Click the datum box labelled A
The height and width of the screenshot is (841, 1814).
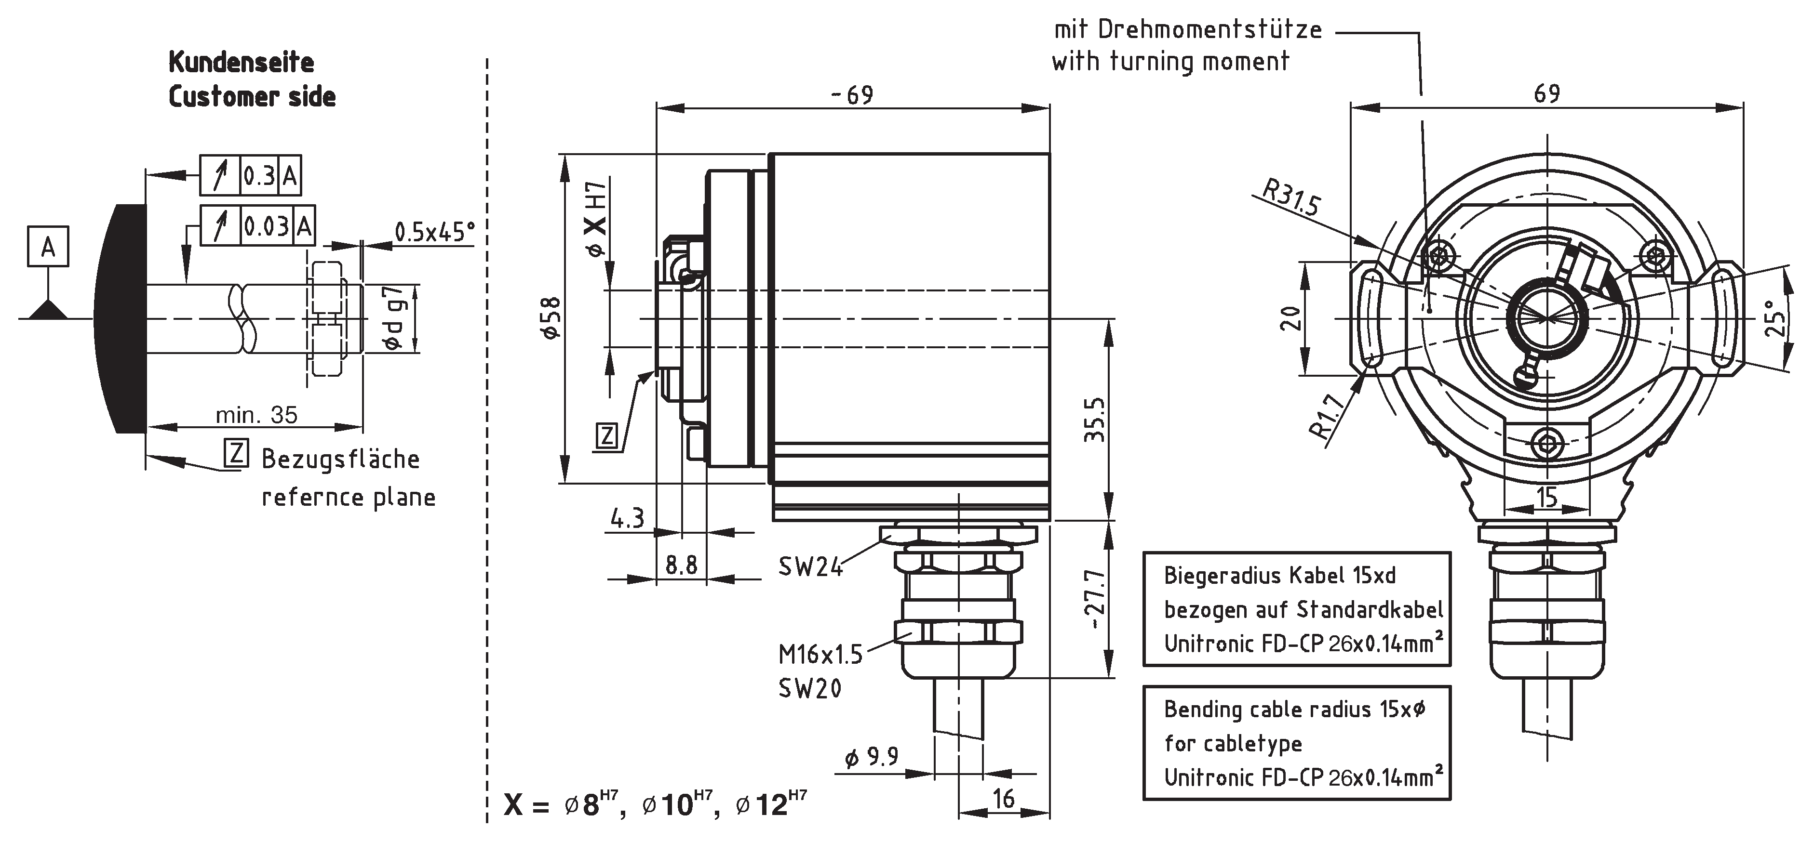48,246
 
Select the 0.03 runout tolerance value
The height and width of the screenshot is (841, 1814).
266,226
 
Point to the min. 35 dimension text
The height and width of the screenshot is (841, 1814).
256,415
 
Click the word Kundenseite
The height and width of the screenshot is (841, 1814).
241,63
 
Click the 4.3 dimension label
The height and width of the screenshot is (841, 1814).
627,519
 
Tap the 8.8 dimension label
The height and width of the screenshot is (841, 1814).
681,565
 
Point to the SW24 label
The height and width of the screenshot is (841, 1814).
810,566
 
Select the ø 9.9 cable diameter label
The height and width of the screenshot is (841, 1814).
871,757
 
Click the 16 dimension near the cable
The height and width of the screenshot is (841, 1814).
1004,798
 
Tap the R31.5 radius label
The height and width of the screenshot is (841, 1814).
1290,198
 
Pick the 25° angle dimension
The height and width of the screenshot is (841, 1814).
1777,318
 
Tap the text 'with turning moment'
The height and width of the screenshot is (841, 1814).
1170,61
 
